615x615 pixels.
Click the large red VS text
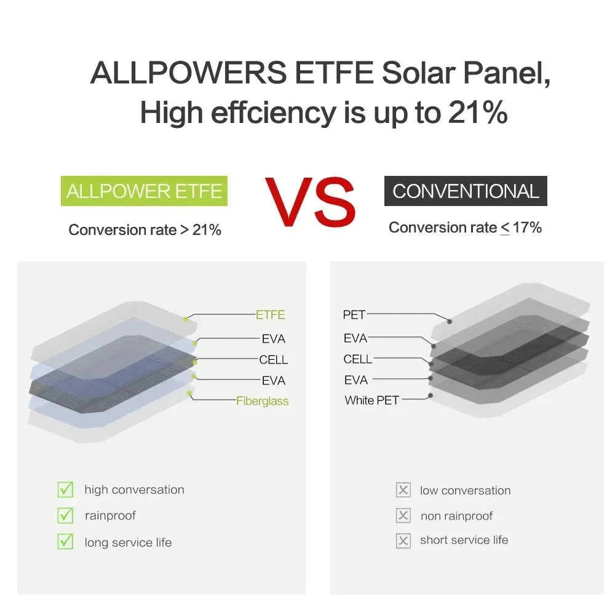point(310,202)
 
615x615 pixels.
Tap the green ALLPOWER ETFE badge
point(144,191)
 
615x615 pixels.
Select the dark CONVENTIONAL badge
point(466,191)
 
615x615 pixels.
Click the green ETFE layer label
point(271,315)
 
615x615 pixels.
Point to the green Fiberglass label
point(262,401)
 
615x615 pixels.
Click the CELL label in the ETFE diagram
point(273,360)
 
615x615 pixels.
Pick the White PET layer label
point(371,400)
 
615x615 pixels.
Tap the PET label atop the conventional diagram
point(354,315)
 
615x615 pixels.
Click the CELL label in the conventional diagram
point(358,359)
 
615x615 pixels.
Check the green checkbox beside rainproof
point(65,515)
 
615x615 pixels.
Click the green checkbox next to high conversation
point(65,490)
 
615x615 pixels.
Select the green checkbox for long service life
point(65,542)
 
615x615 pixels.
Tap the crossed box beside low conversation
point(403,490)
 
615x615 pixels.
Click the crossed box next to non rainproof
point(403,516)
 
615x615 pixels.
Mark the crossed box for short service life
point(403,541)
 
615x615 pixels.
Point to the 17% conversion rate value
point(527,228)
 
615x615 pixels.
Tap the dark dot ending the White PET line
point(430,395)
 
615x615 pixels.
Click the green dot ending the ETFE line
point(186,319)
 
